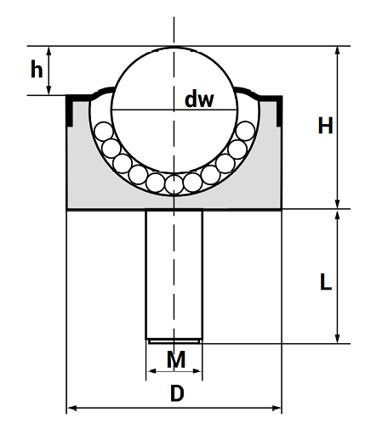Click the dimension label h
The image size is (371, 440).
point(37,69)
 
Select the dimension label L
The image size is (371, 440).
point(326,281)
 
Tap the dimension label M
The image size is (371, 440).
point(176,359)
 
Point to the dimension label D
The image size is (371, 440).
point(177,393)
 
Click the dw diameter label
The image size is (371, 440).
point(199,99)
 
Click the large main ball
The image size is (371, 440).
point(174,110)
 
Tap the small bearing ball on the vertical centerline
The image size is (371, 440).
point(174,184)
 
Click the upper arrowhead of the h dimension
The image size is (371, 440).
point(49,50)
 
